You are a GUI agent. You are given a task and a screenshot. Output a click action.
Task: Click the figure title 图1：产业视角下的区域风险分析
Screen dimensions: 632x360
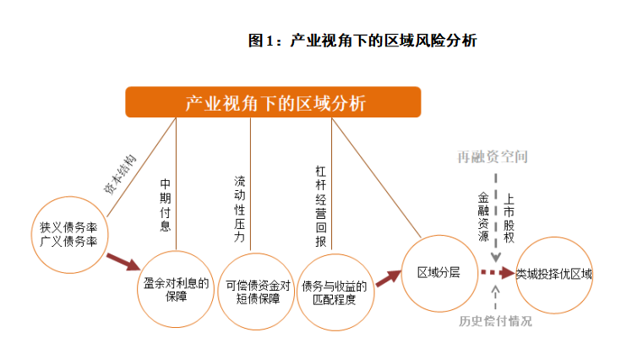(362, 40)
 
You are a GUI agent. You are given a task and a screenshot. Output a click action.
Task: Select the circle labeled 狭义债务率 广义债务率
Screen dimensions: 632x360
(68, 236)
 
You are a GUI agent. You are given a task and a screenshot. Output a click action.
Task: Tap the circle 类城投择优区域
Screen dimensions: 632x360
(553, 274)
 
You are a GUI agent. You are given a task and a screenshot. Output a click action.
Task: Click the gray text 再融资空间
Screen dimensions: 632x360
(493, 157)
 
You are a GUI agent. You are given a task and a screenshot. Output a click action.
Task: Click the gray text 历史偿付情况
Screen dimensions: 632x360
(496, 321)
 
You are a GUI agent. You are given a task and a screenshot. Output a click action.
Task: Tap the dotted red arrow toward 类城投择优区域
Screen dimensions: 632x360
(497, 273)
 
